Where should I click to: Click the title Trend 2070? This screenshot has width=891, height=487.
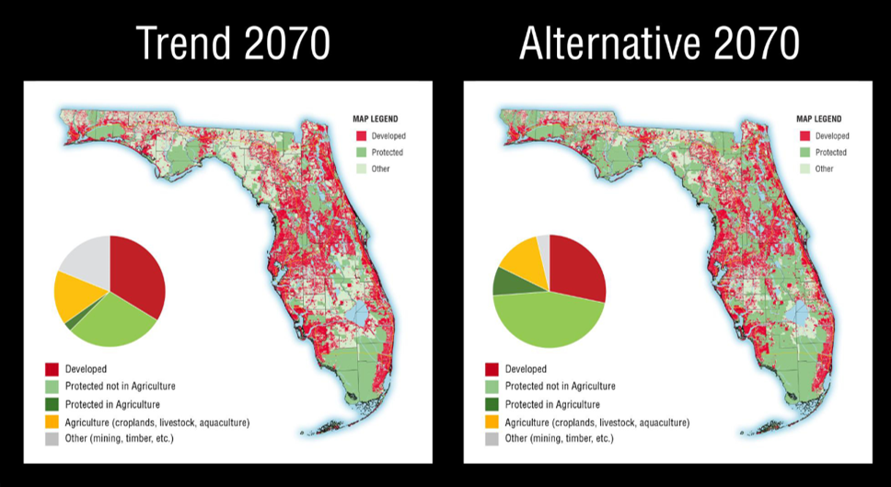(x=232, y=42)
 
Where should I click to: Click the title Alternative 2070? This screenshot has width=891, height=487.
(x=659, y=42)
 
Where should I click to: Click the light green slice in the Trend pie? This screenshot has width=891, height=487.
(x=110, y=322)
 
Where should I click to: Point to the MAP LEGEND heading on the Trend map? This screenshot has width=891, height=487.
(x=375, y=119)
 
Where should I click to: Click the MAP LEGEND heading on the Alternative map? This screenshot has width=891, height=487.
(x=818, y=119)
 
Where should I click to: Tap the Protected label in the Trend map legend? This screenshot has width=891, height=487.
(x=388, y=152)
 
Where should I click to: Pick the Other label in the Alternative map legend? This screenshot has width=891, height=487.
(x=825, y=168)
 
